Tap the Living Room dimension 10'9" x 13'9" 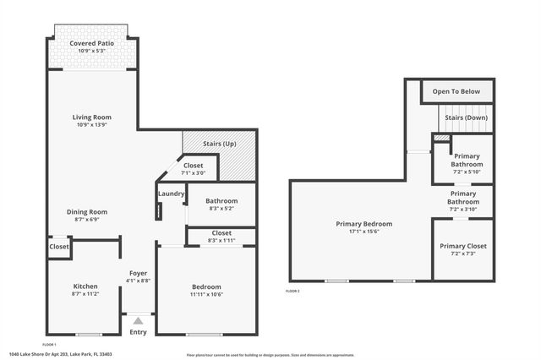91,125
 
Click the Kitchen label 85,286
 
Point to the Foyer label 139,273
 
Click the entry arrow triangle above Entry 138,320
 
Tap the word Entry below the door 138,332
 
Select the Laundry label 171,194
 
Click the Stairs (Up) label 220,144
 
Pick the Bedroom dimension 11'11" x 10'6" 206,294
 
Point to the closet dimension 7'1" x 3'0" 194,172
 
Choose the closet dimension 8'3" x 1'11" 221,240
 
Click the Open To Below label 456,91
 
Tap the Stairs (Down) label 465,117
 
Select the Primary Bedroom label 363,224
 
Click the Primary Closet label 462,246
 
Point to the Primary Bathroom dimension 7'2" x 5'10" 467,172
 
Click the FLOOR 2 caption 292,291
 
